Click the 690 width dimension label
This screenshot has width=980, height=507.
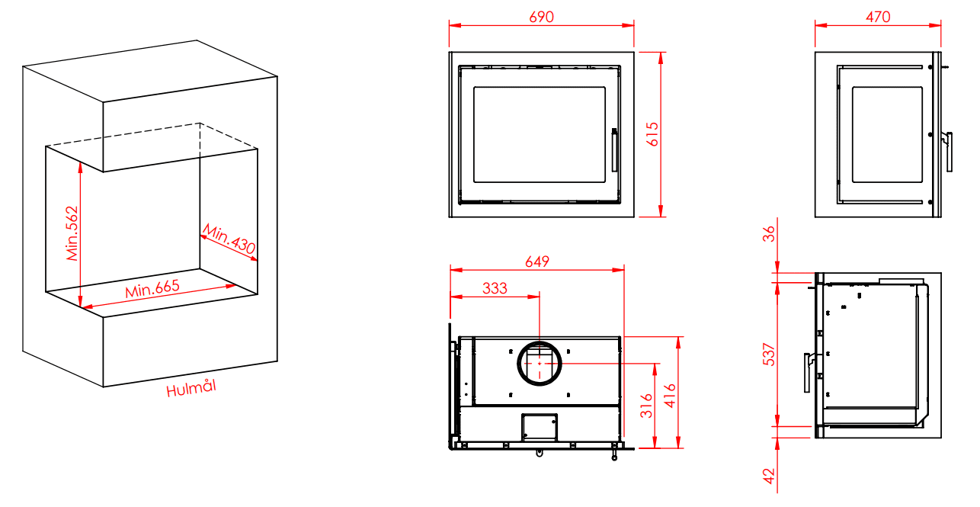click(x=541, y=17)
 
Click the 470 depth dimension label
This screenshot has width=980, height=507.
click(x=878, y=17)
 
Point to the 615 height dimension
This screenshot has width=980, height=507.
click(x=652, y=134)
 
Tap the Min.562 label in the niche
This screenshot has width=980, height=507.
click(x=72, y=233)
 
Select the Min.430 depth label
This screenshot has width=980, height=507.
click(x=229, y=239)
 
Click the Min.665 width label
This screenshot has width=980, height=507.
click(x=152, y=288)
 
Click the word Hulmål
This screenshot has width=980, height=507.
click(x=191, y=388)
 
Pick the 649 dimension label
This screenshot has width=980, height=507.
click(x=536, y=262)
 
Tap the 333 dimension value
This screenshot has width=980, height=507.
click(x=495, y=288)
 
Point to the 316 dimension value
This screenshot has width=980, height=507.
click(x=646, y=406)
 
